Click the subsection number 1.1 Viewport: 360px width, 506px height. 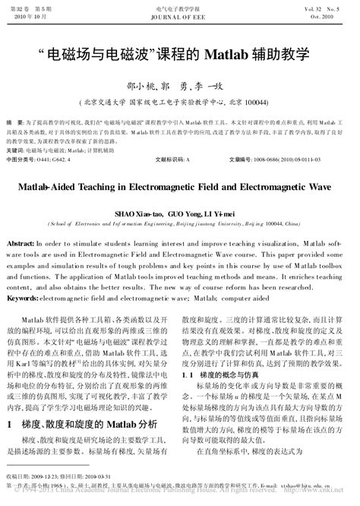(189, 375)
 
